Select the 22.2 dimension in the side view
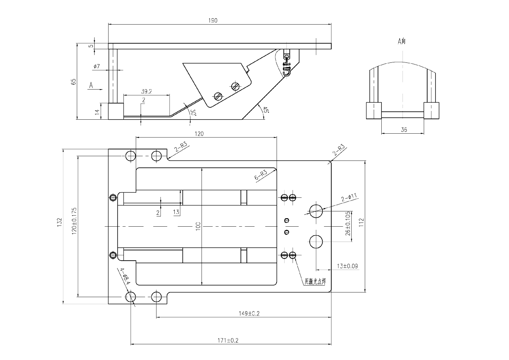[x=147, y=90]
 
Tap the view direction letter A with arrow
[x=91, y=86]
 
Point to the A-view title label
[x=402, y=42]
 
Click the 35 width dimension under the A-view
[x=403, y=130]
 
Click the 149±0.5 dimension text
[x=249, y=313]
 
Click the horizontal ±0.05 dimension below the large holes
[x=347, y=266]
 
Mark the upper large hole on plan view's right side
[x=315, y=211]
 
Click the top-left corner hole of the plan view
[x=131, y=156]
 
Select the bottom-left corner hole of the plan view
[x=131, y=296]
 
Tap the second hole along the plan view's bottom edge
[x=157, y=296]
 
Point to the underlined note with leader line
[x=315, y=281]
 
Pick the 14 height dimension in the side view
[x=97, y=111]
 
